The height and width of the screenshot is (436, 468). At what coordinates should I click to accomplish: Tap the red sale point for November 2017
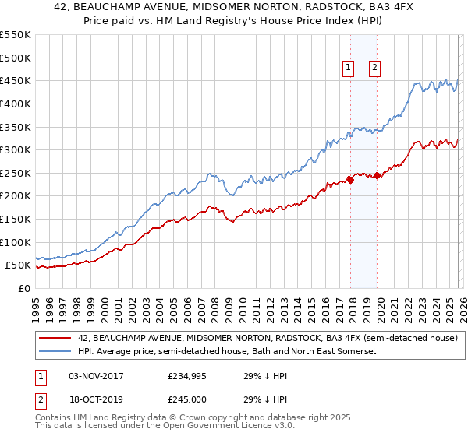pos(350,180)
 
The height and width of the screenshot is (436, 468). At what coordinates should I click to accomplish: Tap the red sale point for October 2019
pos(378,175)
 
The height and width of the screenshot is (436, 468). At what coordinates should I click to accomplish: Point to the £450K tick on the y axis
pos(16,80)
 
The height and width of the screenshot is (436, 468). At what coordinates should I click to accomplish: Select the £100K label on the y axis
pos(16,242)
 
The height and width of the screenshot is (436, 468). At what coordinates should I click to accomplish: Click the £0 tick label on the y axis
pos(23,288)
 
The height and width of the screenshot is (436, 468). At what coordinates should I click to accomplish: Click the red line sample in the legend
pos(55,338)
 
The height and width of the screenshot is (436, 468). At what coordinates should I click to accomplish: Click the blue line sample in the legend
pos(55,352)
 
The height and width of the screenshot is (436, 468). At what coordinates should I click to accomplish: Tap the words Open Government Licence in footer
pos(210,427)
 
